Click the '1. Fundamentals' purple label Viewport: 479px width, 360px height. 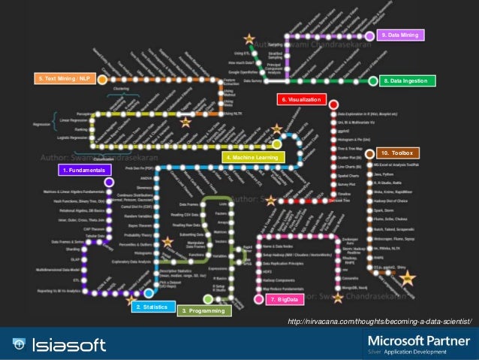(x=83, y=171)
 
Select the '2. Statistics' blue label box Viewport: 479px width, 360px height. (x=150, y=307)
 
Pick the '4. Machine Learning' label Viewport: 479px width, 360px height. (x=255, y=157)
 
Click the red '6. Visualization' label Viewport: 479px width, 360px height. (x=300, y=99)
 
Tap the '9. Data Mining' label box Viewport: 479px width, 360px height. (x=401, y=35)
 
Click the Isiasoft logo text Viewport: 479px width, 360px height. (x=69, y=345)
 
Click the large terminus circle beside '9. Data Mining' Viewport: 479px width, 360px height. (x=369, y=35)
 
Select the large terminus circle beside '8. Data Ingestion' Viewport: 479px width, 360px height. (x=373, y=80)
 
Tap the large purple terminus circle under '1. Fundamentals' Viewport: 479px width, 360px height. (x=109, y=181)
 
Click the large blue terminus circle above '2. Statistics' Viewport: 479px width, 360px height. (x=149, y=293)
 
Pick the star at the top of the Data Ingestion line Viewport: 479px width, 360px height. (x=249, y=38)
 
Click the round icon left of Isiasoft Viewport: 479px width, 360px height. (x=17, y=345)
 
